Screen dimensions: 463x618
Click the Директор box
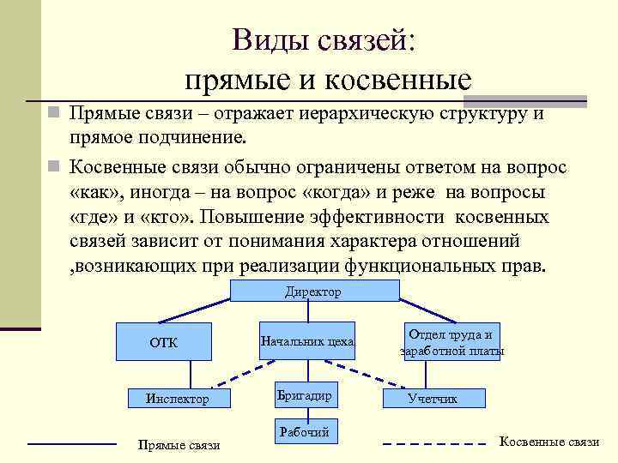(313, 292)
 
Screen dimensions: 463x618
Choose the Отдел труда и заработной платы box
(451, 342)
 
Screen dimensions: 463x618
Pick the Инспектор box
(177, 399)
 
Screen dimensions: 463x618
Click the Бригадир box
(304, 395)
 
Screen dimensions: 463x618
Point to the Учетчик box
(433, 399)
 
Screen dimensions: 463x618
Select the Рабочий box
(304, 432)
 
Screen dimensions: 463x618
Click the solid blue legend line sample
(72, 443)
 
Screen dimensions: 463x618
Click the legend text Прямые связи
(179, 445)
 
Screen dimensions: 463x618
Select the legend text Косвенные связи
(549, 442)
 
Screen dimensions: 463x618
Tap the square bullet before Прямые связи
(53, 114)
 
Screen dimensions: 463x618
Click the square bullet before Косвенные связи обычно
(53, 165)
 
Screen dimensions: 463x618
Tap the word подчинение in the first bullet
(199, 139)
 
